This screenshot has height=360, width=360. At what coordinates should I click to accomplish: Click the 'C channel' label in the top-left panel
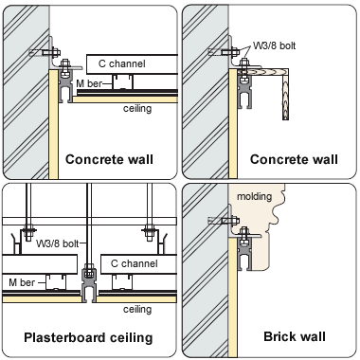click(x=122, y=63)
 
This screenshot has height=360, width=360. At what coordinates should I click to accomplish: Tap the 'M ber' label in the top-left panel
click(x=89, y=83)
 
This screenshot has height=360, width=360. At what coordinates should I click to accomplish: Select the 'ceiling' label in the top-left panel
click(x=137, y=109)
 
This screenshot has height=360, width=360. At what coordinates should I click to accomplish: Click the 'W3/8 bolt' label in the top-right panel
click(x=274, y=45)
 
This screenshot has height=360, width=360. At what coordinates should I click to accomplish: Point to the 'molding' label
click(x=254, y=196)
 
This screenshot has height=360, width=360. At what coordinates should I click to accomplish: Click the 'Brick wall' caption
click(x=295, y=336)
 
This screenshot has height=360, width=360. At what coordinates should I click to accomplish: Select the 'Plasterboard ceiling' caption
click(x=88, y=337)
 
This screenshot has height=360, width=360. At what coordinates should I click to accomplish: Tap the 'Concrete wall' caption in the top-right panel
click(x=294, y=159)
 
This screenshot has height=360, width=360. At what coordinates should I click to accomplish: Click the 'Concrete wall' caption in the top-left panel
click(x=109, y=159)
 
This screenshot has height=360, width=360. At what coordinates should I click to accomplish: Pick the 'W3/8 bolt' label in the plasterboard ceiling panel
click(x=57, y=243)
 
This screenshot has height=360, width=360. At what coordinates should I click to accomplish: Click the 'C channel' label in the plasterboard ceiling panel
click(x=135, y=263)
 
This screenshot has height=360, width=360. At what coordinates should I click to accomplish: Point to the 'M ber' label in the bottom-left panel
click(x=22, y=282)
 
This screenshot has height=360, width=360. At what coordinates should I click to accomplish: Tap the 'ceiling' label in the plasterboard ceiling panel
click(x=137, y=309)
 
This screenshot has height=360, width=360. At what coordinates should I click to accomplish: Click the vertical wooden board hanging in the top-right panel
click(x=285, y=95)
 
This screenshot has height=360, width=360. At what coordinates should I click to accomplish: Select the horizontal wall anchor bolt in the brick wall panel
click(x=224, y=221)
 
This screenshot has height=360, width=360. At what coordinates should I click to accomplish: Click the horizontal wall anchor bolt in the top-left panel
click(x=45, y=52)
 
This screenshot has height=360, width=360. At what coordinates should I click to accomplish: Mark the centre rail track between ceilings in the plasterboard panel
click(x=89, y=284)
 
